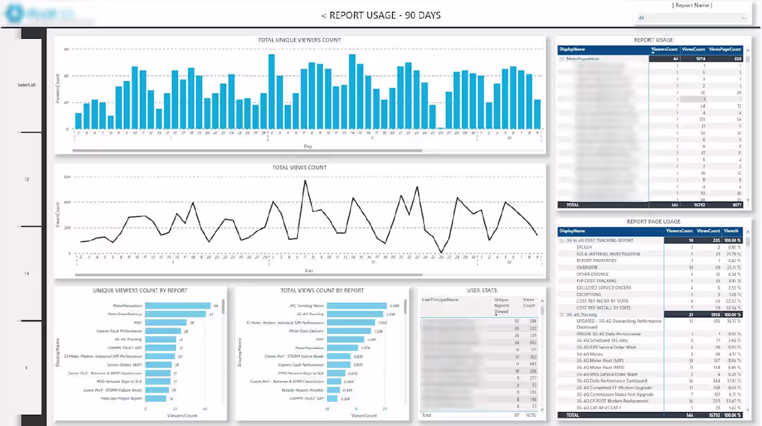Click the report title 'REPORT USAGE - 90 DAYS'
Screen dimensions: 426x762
pos(380,15)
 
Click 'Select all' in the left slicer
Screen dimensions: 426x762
pos(26,85)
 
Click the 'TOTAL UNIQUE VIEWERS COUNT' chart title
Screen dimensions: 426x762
pos(299,40)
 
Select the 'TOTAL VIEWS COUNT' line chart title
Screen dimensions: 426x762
pos(299,168)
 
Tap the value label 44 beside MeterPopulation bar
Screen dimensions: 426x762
pos(216,305)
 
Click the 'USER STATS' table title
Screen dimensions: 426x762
pos(481,290)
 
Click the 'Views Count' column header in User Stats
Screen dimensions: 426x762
pos(529,303)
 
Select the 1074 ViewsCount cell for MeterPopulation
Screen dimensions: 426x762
pos(695,59)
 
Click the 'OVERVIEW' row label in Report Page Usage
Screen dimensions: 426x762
pos(587,267)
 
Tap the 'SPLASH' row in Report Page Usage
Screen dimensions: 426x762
pos(584,247)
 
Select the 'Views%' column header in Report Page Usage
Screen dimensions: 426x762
pos(732,231)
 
